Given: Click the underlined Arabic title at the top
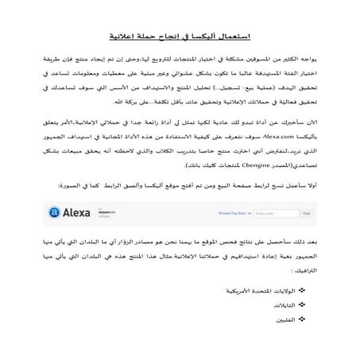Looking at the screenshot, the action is coord(180,37).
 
